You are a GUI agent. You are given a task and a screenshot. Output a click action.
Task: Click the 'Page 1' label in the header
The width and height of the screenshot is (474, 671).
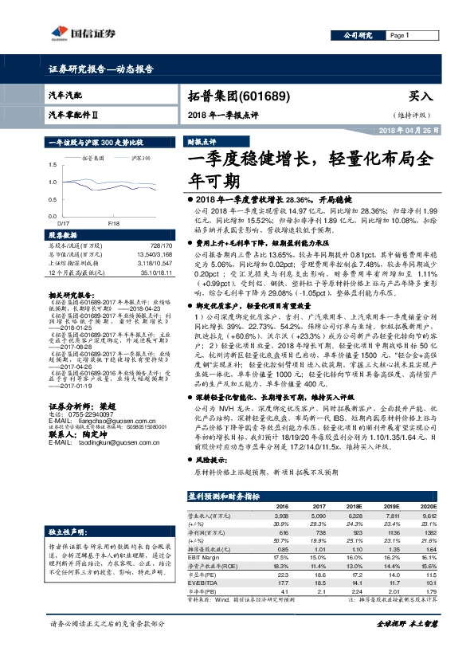tap(400, 36)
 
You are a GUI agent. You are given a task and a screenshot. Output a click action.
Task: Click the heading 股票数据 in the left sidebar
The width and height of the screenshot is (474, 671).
tap(61, 236)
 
